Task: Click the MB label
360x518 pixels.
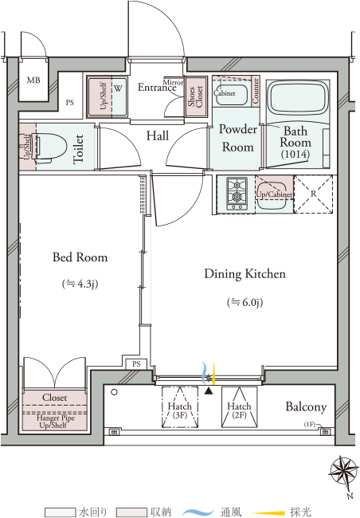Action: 33,80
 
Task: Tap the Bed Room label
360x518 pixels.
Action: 80,257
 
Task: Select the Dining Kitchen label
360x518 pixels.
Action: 245,274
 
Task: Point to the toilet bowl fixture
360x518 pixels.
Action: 49,147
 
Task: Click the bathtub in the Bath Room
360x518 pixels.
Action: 298,96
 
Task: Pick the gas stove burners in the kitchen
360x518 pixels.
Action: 237,194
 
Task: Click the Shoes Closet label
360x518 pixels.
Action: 195,96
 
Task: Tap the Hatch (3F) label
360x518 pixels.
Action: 180,410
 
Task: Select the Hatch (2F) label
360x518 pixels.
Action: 239,410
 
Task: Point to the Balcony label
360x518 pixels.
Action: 306,406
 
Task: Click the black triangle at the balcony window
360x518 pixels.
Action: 209,391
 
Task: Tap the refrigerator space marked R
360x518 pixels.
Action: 313,194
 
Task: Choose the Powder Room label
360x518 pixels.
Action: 238,138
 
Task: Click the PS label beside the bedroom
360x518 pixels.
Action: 136,364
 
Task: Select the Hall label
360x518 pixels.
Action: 158,135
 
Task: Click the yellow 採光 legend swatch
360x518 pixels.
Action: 269,512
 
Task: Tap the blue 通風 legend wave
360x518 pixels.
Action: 198,512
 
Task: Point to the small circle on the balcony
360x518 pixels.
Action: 114,392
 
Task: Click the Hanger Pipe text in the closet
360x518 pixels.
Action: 56,418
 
